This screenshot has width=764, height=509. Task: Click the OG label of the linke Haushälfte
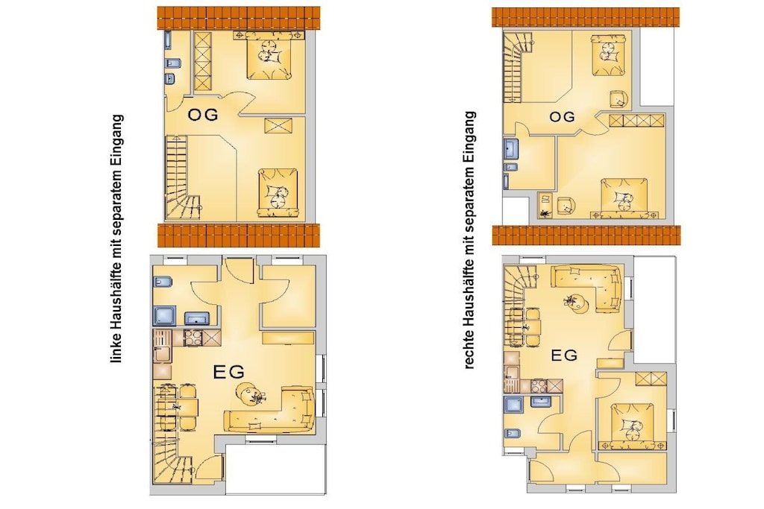(x=203, y=116)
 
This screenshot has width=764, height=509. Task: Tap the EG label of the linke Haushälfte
(x=228, y=373)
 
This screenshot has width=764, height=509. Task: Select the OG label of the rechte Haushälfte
(x=562, y=117)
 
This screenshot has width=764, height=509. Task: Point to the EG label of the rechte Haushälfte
(x=564, y=355)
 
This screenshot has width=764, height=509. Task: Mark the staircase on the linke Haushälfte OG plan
(x=181, y=177)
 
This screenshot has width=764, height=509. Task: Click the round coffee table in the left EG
(x=249, y=393)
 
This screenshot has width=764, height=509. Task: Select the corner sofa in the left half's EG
(x=269, y=410)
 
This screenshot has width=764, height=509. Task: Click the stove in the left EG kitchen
(x=193, y=338)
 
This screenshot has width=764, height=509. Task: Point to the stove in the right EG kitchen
(x=540, y=386)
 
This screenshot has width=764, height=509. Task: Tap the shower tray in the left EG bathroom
(x=165, y=315)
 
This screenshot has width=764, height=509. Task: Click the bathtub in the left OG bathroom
(x=168, y=40)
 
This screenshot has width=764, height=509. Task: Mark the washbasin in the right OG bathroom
(x=511, y=149)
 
